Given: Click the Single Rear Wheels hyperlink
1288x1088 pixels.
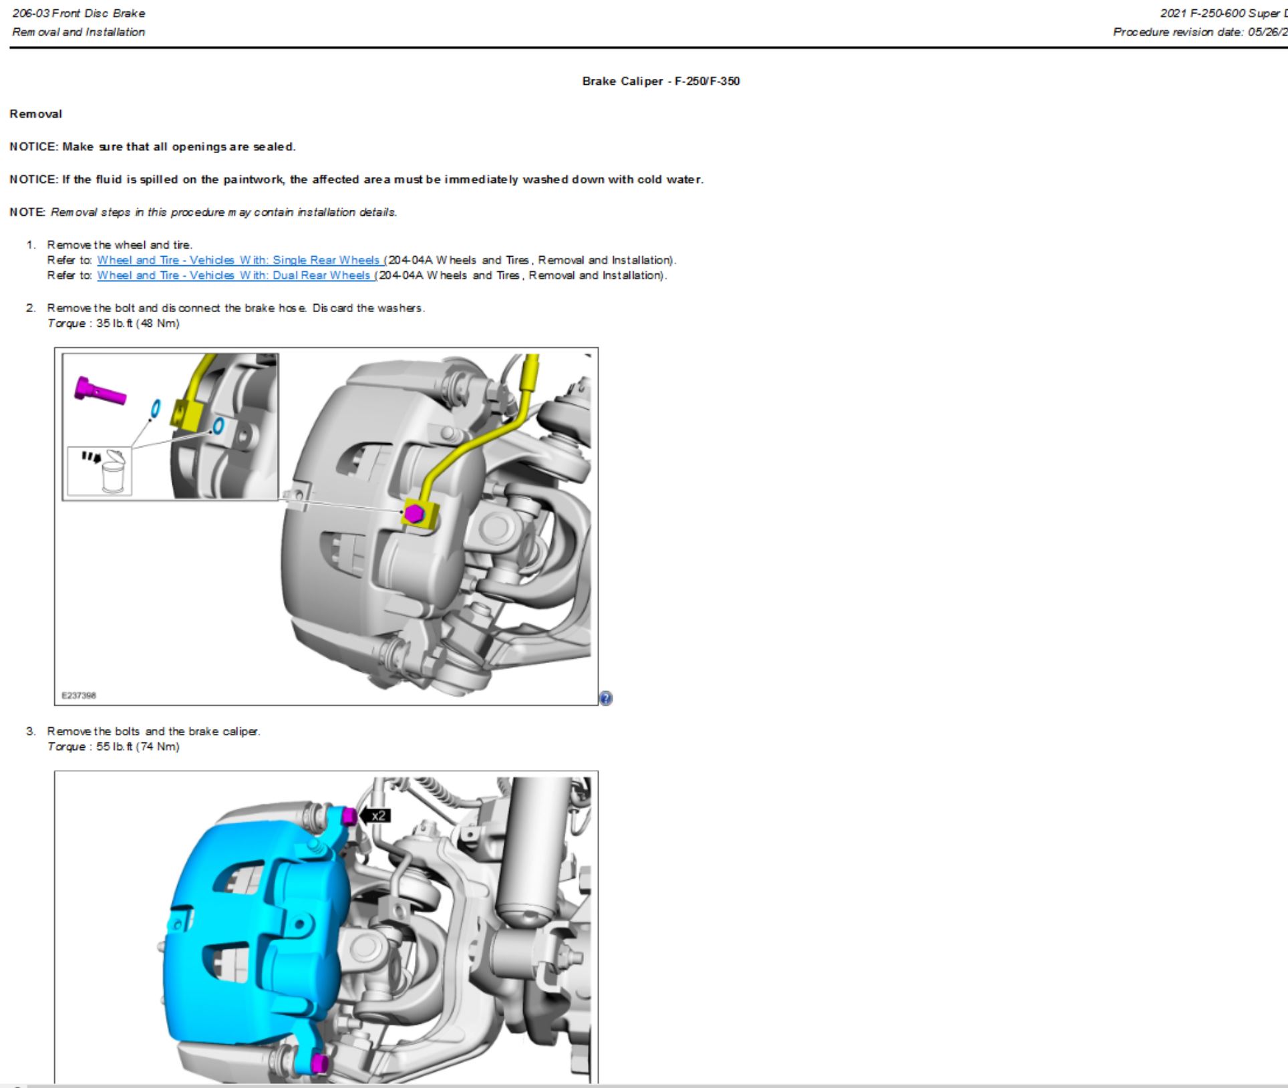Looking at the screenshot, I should point(238,260).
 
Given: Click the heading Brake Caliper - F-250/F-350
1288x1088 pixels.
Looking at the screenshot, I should point(660,81).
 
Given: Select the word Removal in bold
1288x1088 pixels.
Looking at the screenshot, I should point(35,114).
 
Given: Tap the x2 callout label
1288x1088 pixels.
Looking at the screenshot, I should point(377,815).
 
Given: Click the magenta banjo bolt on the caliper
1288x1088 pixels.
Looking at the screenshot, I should point(414,513).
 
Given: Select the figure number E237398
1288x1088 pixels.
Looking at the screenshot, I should point(79,695).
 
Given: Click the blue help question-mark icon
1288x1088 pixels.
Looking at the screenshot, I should point(605,698).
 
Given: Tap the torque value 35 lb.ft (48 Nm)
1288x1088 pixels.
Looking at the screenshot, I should point(138,323).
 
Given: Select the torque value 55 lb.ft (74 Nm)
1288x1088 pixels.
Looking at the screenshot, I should point(138,746).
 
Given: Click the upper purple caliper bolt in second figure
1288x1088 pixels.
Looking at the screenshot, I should point(349,816).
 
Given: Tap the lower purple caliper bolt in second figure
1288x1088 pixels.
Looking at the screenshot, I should point(320,1063).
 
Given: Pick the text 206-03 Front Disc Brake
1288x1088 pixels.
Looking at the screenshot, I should point(78,13).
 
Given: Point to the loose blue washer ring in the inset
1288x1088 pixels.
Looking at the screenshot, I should point(155,408).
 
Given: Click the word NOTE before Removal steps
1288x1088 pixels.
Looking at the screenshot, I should point(27,212).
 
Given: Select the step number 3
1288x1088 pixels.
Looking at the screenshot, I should point(31,731).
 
